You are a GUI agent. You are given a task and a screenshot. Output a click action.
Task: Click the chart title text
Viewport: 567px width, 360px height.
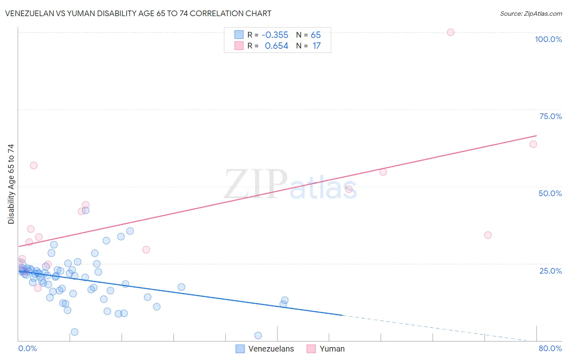click(138, 13)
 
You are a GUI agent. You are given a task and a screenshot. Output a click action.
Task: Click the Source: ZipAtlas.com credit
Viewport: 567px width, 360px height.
click(531, 13)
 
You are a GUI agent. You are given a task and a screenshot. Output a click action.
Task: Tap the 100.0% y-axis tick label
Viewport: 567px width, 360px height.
click(548, 39)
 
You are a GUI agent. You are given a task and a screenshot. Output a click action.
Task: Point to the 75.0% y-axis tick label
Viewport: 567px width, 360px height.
click(550, 116)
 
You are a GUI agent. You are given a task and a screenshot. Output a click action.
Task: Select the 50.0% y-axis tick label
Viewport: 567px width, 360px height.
click(550, 193)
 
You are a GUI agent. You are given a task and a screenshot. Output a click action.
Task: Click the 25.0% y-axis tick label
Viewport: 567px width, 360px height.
click(550, 271)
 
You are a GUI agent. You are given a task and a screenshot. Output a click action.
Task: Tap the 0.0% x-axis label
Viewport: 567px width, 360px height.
click(27, 348)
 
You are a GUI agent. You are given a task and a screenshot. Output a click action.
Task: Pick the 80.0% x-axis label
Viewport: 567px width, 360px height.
click(550, 348)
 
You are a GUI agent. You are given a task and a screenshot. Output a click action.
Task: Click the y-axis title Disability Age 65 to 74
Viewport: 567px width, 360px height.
click(11, 184)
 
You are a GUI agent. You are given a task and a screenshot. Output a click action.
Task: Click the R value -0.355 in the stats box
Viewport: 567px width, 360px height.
click(275, 35)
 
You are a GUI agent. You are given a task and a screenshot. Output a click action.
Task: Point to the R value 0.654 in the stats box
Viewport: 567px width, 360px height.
click(276, 46)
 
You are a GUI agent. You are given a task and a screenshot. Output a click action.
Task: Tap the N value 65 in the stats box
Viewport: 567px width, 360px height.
click(316, 35)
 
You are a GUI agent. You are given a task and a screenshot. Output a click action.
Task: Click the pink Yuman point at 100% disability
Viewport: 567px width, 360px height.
click(450, 32)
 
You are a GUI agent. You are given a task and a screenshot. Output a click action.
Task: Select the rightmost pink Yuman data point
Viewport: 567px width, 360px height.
click(533, 144)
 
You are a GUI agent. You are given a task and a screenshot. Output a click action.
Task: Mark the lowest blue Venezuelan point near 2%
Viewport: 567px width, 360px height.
click(258, 335)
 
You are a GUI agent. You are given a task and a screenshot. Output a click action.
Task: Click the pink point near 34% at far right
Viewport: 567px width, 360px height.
click(488, 235)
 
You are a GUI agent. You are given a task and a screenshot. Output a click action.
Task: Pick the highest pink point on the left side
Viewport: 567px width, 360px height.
click(34, 165)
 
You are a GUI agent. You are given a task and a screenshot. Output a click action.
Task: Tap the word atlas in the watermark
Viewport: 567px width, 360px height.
click(323, 189)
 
